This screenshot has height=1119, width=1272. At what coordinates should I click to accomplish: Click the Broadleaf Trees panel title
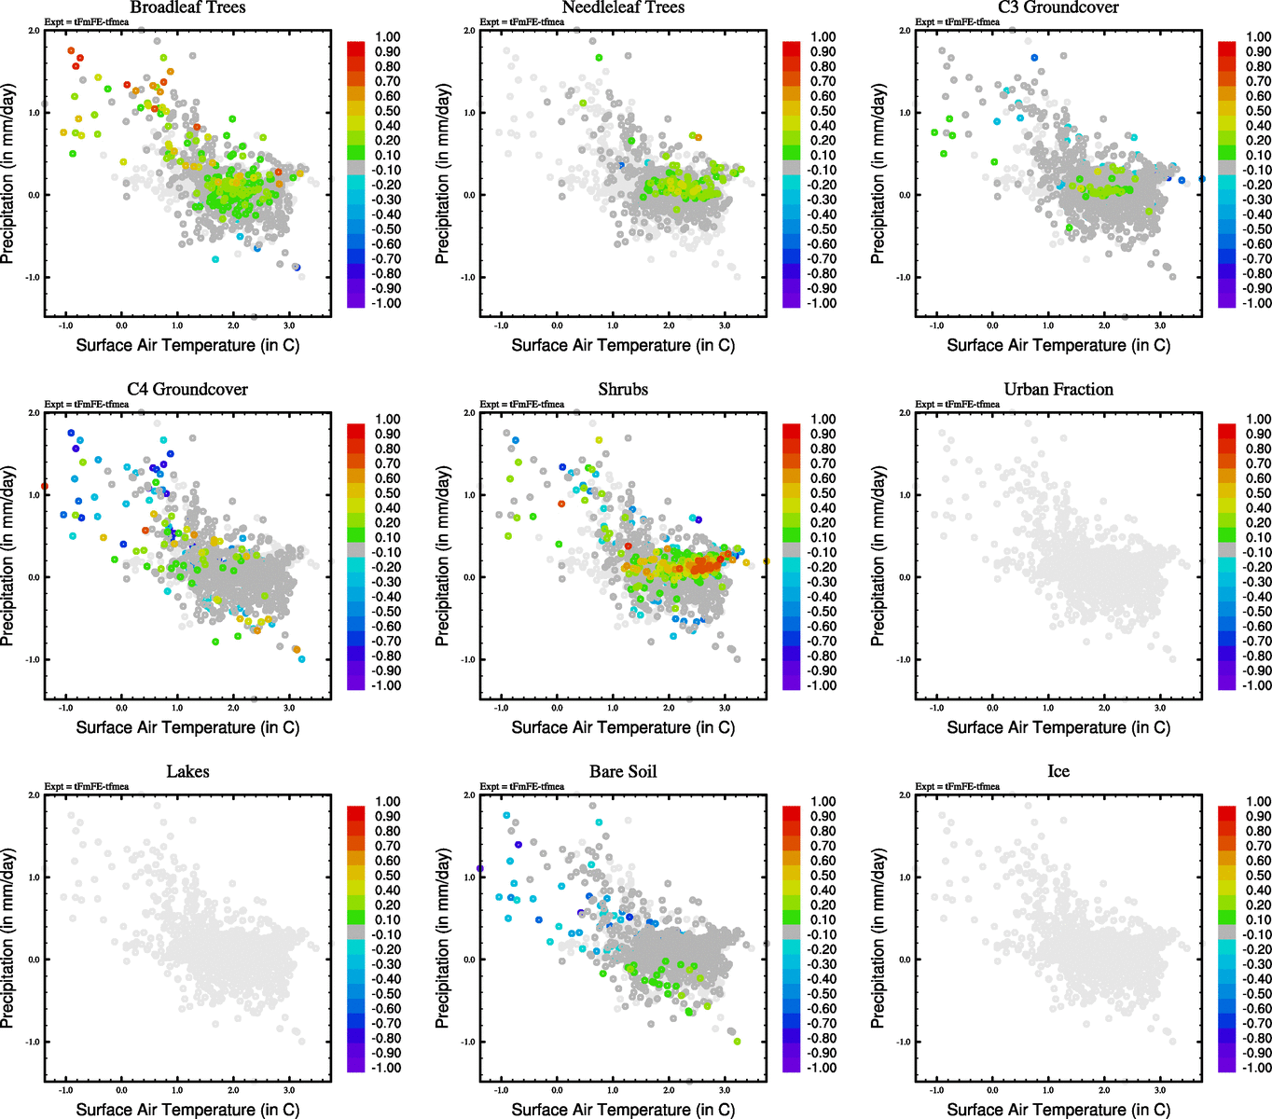coord(187,7)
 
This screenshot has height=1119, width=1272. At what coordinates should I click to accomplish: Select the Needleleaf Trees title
coord(623,7)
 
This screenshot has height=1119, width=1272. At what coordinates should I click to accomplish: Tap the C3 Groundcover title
coord(1058,7)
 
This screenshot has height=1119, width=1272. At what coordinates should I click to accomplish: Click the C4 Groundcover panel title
coord(187,390)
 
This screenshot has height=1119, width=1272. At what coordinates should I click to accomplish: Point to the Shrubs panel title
coord(623,390)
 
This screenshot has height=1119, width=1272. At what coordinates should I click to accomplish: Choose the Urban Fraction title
coord(1058,390)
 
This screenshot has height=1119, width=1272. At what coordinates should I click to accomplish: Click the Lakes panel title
coord(187,772)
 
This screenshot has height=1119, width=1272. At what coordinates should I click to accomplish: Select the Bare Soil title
coord(623,772)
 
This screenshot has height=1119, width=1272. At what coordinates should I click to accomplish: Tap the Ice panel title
coord(1058,772)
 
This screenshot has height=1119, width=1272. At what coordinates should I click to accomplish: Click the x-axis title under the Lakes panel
coord(187,1110)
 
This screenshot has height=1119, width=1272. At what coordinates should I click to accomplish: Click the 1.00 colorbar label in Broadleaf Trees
coord(388,37)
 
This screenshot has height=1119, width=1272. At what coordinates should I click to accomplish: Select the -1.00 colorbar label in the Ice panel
coord(1257,1068)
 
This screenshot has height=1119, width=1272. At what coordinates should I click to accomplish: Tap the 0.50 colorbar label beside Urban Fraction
coord(1259,493)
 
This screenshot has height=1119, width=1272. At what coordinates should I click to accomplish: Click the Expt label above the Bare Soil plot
coord(522,786)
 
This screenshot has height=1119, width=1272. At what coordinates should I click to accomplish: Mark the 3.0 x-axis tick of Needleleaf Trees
coord(725,325)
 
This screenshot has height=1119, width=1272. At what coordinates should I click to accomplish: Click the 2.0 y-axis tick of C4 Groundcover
coord(35,413)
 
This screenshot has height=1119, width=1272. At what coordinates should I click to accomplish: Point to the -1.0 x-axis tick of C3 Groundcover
coord(936,325)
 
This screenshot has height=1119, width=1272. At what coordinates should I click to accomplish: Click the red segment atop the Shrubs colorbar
coord(791,431)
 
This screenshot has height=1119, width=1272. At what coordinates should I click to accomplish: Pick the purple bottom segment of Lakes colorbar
coord(355,1064)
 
